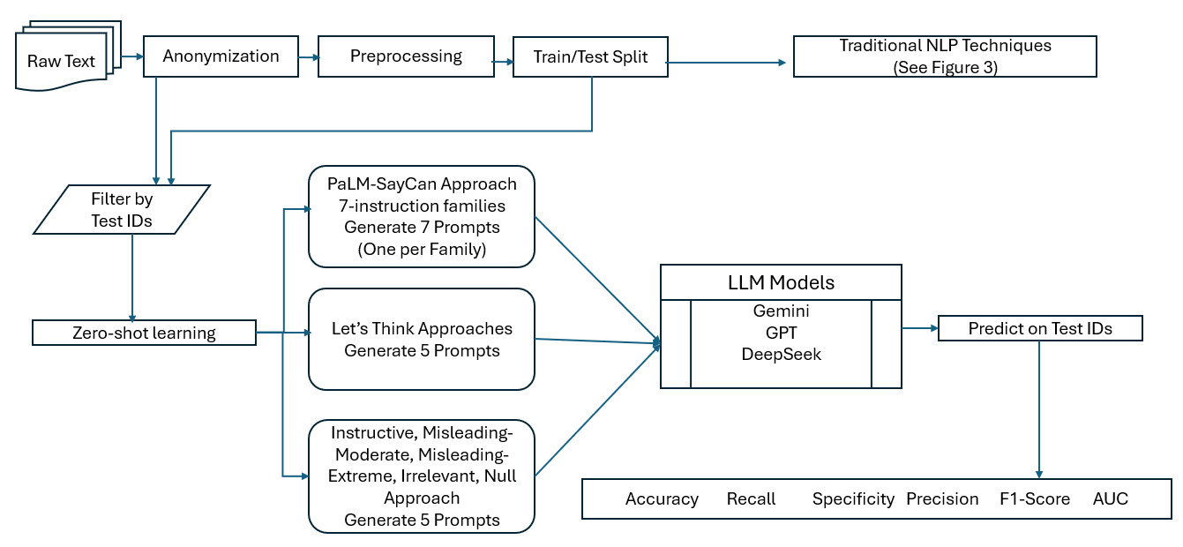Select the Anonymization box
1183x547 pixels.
(221, 56)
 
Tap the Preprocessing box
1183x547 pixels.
(406, 56)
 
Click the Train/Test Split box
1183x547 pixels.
(590, 57)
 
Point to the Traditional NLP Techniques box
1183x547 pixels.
(945, 56)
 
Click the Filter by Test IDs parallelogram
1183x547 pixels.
(122, 210)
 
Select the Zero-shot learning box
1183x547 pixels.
(144, 333)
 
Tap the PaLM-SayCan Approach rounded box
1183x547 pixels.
(422, 216)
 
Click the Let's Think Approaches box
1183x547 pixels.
(422, 339)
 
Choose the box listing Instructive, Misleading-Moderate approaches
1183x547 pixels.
(422, 476)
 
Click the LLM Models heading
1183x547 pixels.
(781, 282)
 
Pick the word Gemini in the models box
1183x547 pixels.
(781, 312)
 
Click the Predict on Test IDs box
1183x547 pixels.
(1039, 329)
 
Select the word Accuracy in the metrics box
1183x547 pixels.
(662, 499)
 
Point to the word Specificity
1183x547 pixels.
(853, 499)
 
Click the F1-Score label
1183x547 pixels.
(1034, 499)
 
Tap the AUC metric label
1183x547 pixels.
(1110, 499)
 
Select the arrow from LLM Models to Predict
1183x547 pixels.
(919, 329)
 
